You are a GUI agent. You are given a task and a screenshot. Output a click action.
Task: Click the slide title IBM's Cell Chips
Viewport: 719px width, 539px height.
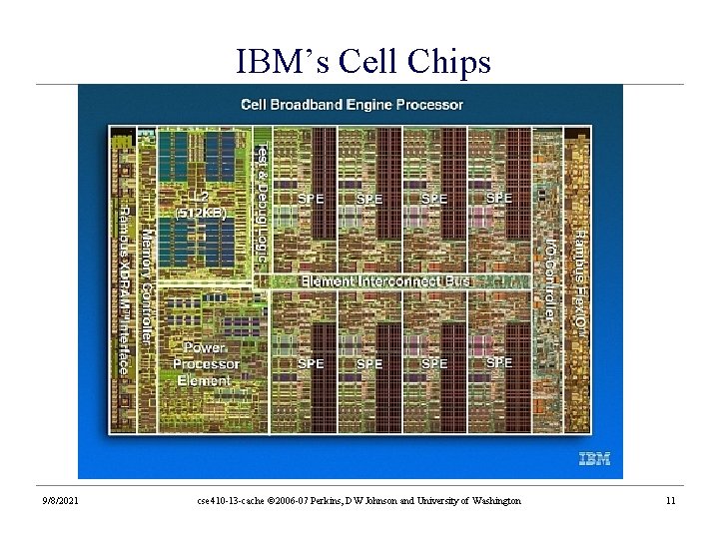363,62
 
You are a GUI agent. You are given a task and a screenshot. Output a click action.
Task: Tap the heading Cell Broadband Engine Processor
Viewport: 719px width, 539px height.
352,104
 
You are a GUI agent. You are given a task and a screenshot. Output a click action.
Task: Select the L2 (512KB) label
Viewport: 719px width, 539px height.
201,205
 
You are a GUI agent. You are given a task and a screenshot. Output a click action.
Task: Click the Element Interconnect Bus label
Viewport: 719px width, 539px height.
385,280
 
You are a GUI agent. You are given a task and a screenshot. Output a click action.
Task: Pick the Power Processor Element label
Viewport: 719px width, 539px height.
203,363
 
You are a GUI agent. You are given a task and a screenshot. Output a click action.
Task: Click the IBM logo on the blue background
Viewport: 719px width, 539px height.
595,459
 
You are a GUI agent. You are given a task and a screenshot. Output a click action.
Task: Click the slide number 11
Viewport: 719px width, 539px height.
670,500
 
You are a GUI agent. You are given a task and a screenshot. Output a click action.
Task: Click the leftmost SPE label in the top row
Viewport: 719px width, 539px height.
311,198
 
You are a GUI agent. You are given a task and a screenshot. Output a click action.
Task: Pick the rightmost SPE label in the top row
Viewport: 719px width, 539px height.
498,198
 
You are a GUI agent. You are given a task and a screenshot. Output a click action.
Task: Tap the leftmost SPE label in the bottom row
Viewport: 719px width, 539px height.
311,363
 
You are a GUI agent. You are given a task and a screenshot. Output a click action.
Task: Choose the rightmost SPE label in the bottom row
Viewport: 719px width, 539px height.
498,363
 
